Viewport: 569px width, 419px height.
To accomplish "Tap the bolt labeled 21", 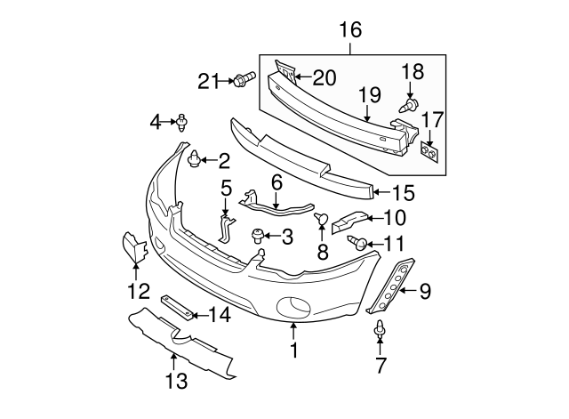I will pos(239,82).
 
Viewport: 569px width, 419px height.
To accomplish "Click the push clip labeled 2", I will pos(194,160).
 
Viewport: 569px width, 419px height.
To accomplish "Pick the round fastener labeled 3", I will pos(259,236).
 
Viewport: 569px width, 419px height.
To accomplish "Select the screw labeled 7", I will pos(380,331).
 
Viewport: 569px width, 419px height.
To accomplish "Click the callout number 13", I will pos(176,382).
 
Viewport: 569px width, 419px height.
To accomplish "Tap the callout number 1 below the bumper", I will pos(293,351).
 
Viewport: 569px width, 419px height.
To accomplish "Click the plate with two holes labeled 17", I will pos(429,153).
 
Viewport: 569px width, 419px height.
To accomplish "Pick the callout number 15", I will pos(404,190).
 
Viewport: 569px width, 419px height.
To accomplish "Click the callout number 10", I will pos(394,216).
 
